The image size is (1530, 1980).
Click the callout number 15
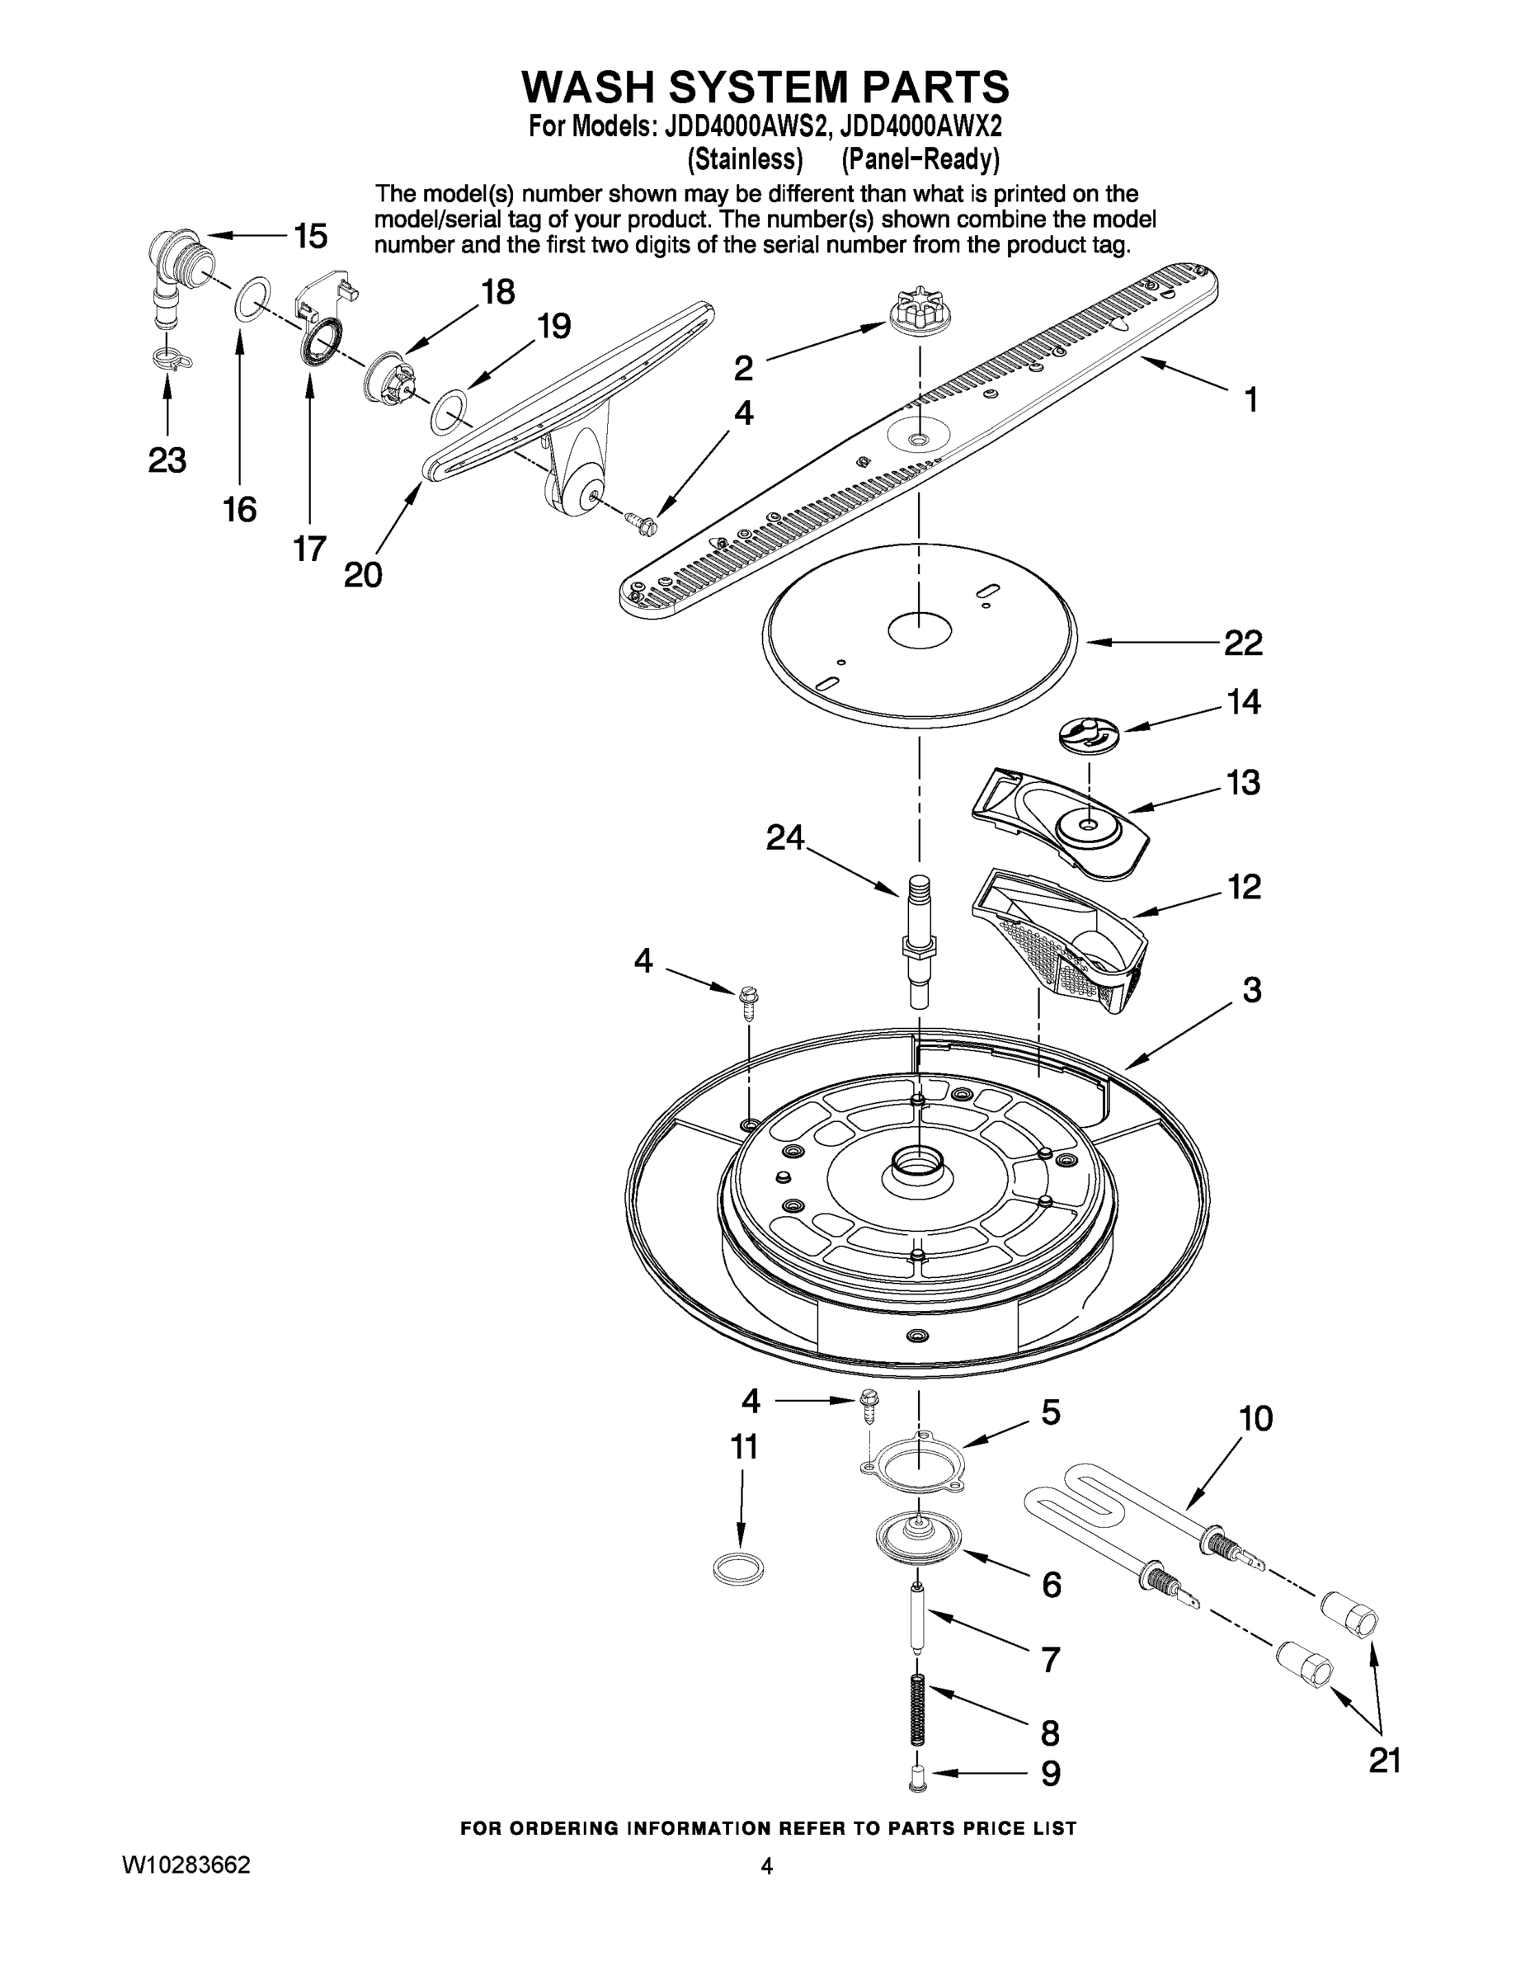coord(310,237)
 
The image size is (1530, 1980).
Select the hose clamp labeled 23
coord(171,358)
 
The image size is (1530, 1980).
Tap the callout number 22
coord(1243,643)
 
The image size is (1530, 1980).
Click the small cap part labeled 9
coord(917,1780)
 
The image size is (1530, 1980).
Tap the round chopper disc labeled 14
coord(1089,733)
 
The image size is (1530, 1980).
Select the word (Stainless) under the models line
coord(744,159)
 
